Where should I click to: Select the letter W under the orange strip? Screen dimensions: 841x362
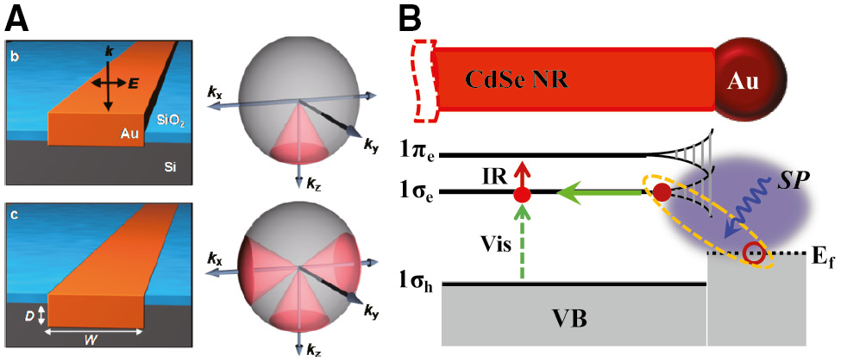[x=94, y=340]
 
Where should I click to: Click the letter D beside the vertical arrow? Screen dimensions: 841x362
[x=32, y=316]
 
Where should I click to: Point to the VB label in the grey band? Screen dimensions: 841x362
[x=571, y=319]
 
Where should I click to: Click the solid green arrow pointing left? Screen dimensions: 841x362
[x=599, y=191]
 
